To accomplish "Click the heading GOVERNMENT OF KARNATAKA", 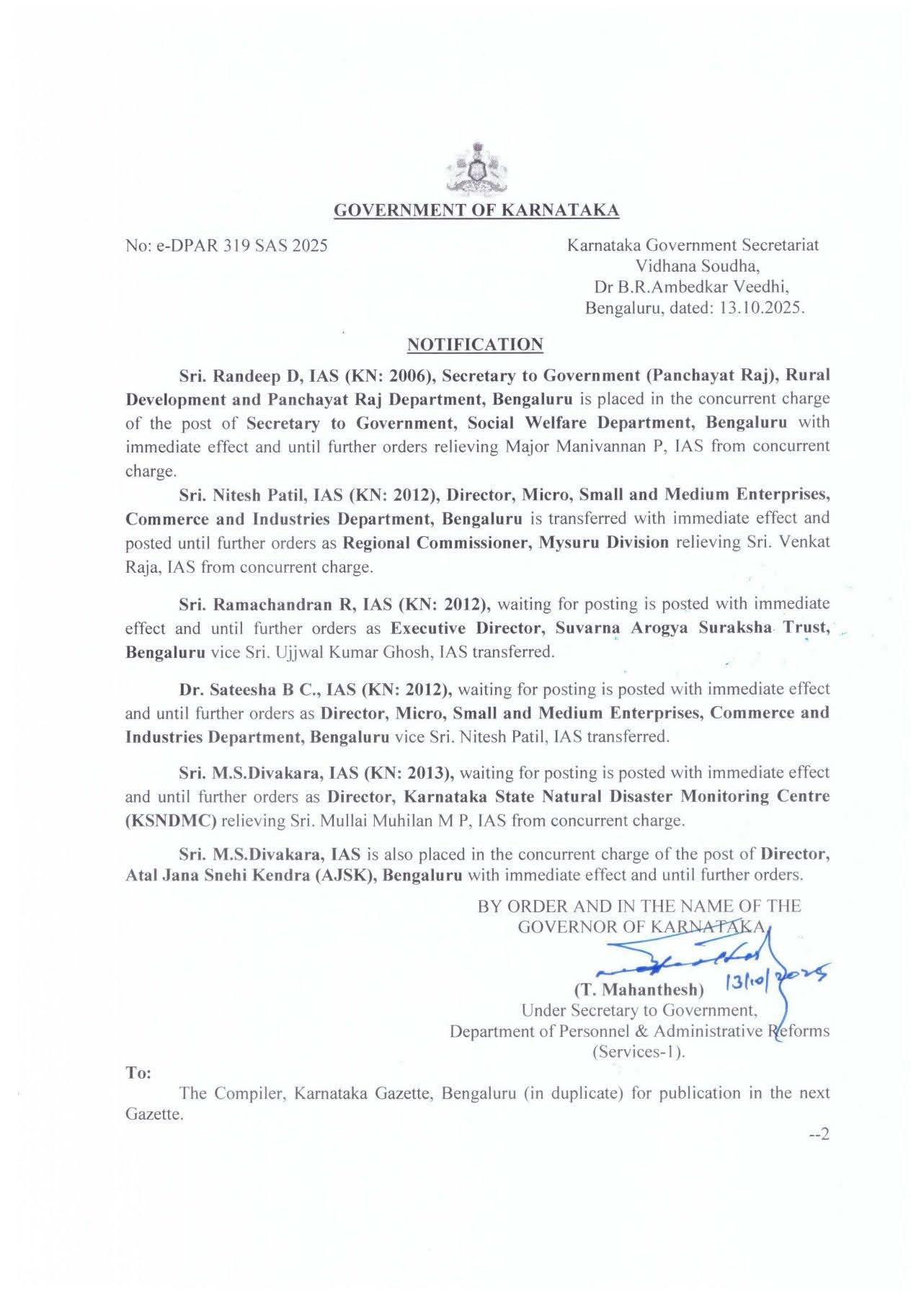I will [476, 210].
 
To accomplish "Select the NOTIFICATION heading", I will [475, 344].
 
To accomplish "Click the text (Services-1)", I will [639, 1051].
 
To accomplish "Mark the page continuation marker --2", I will [819, 1135].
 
